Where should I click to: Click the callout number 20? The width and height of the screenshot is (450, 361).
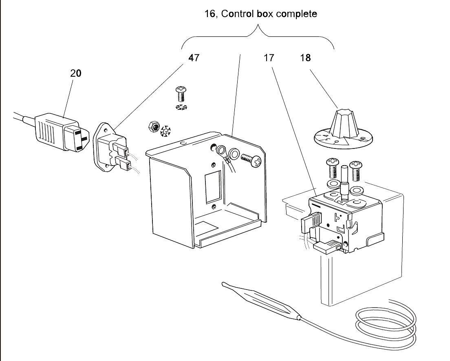tap(76, 73)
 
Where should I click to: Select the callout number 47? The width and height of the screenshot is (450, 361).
tap(194, 58)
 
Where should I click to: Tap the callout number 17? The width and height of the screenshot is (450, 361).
tap(269, 58)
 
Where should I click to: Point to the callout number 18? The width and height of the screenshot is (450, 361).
tap(305, 58)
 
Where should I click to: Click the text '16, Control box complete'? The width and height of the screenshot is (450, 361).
tap(260, 14)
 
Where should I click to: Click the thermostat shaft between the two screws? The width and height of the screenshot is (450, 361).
tap(343, 179)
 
